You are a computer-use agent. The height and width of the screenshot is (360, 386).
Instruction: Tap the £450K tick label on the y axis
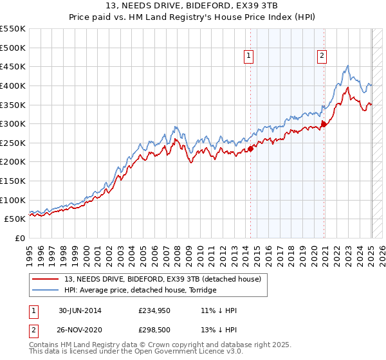click(13, 66)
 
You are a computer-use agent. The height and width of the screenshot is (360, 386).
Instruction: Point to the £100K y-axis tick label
click(13, 200)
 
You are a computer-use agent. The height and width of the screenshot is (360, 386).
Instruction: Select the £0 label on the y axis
click(21, 238)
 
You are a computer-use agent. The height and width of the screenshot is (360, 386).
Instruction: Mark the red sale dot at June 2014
click(251, 148)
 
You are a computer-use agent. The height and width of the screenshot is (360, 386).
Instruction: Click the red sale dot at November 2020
click(324, 124)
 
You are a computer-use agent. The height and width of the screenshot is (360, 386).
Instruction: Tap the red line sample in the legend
click(46, 279)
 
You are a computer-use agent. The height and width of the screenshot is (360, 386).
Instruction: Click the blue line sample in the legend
click(46, 290)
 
